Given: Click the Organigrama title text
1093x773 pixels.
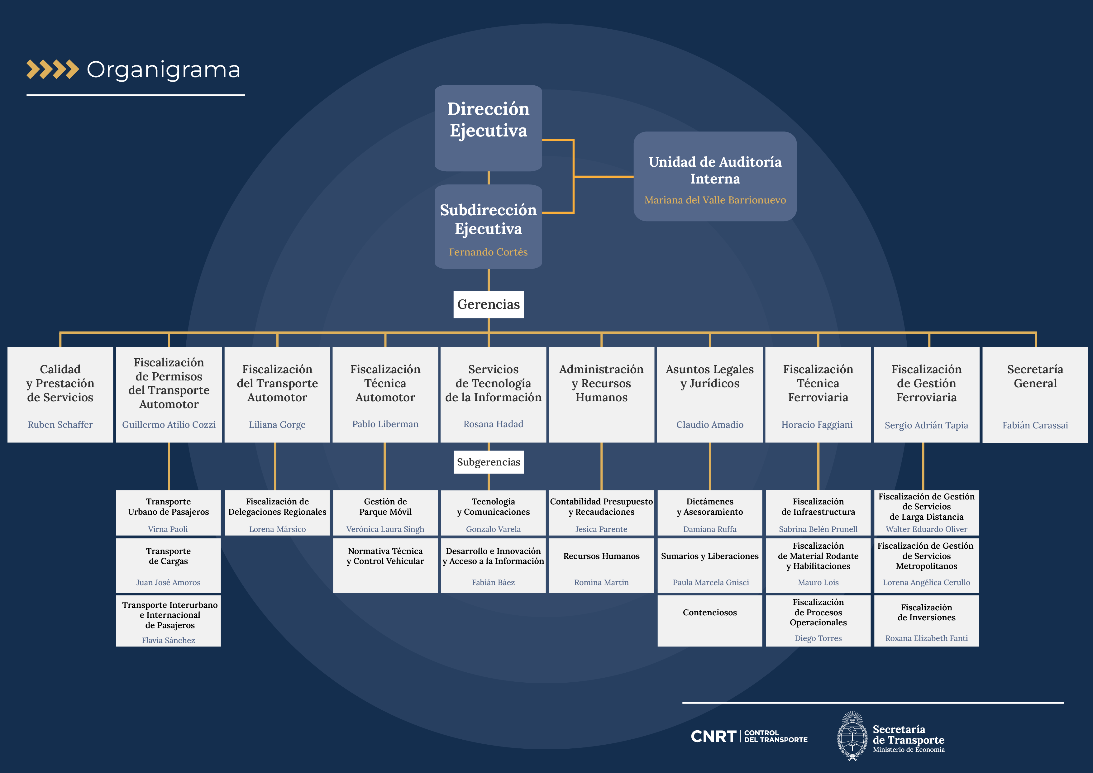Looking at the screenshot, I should click(x=163, y=70).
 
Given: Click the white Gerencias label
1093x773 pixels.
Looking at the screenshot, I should click(x=489, y=304).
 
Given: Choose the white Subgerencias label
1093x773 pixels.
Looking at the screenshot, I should click(x=489, y=462).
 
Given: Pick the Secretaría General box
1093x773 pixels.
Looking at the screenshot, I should click(x=1035, y=394).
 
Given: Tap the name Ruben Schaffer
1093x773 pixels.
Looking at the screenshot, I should click(x=60, y=425).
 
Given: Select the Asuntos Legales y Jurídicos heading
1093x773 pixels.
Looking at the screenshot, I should click(x=709, y=376).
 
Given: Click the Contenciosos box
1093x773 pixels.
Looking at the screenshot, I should click(x=709, y=620).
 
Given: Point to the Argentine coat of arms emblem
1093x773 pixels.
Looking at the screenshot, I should click(x=852, y=736).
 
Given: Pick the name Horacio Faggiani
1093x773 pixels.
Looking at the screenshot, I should click(x=817, y=425).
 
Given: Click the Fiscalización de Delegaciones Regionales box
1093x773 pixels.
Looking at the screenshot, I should click(x=277, y=512).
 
